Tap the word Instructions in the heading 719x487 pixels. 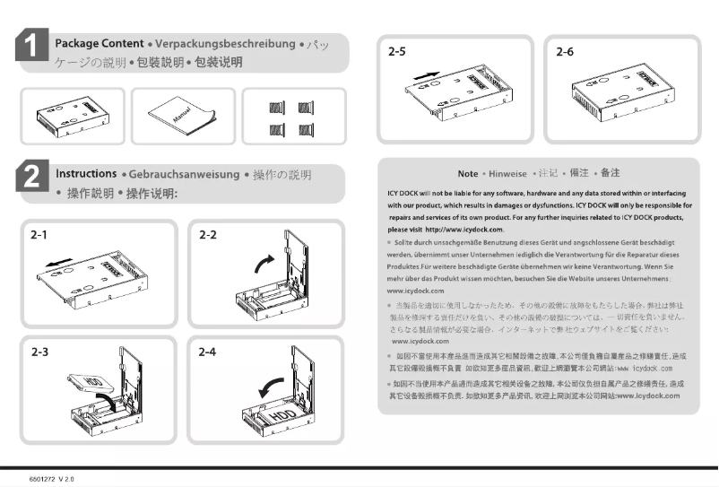87,173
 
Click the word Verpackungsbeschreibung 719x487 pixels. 225,44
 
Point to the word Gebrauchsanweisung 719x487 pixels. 183,173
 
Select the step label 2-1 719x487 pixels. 39,235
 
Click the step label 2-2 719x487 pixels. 208,235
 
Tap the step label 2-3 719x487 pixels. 39,352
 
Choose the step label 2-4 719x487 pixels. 208,352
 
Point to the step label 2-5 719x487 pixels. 397,53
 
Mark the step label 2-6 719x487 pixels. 566,53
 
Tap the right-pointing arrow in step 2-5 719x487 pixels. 431,69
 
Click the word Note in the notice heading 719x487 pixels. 467,173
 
